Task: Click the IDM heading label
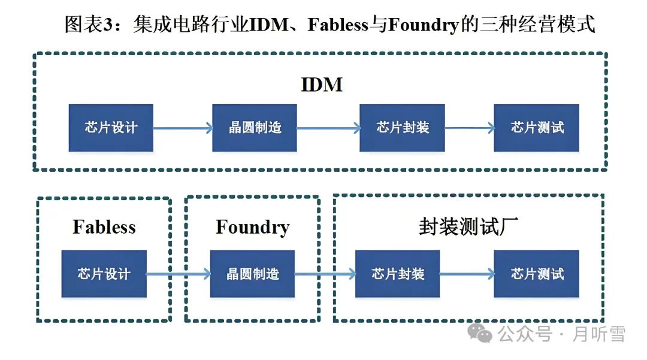tap(322, 84)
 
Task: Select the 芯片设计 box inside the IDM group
tap(111, 128)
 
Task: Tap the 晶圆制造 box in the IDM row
tap(255, 128)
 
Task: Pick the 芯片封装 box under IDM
tap(403, 128)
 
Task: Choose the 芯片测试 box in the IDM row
tap(537, 128)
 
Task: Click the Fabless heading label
tap(104, 227)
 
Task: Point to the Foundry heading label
tap(252, 227)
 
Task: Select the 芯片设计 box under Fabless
tap(104, 274)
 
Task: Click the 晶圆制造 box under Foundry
tap(252, 274)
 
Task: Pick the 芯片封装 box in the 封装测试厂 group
tap(398, 274)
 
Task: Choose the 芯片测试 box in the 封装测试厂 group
tap(537, 274)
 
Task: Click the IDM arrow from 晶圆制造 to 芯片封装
tap(328, 128)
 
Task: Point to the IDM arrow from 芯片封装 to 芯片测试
tap(470, 128)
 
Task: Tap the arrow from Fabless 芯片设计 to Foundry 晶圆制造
tap(178, 274)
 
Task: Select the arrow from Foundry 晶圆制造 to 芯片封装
tap(325, 274)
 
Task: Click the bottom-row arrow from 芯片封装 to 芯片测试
tap(467, 274)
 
